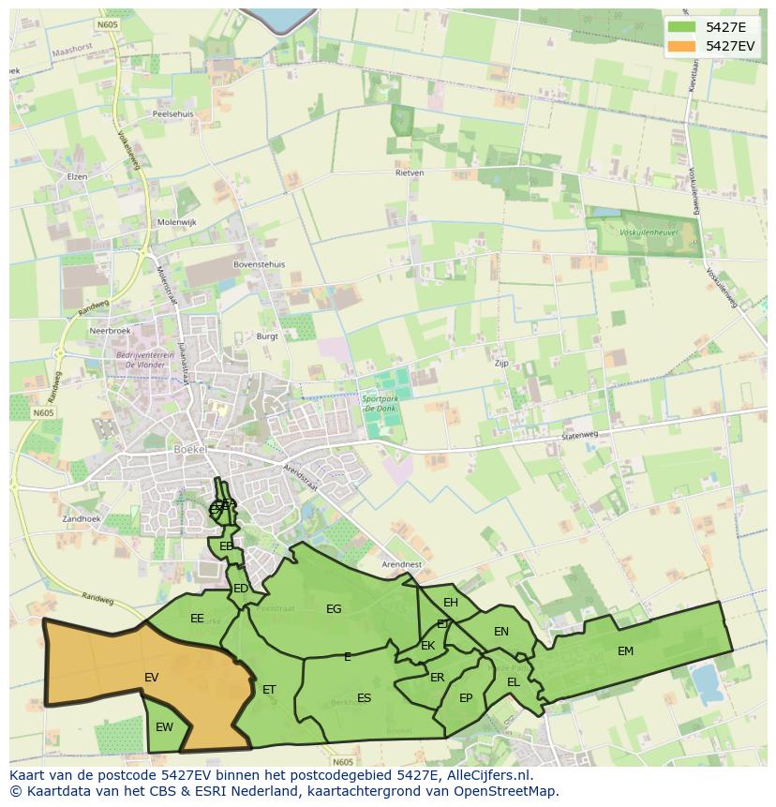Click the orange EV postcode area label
[x=151, y=677]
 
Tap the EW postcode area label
[x=164, y=727]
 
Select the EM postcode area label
[x=625, y=651]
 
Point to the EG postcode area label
[x=334, y=609]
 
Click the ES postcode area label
[x=364, y=698]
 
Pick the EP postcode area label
[x=466, y=698]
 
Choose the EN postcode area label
[x=501, y=632]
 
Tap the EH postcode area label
[x=451, y=603]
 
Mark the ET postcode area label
[x=269, y=690]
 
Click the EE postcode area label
[x=197, y=619]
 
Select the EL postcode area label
[x=514, y=682]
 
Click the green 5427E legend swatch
[x=681, y=26]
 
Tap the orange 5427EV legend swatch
[x=681, y=46]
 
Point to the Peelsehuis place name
[x=172, y=113]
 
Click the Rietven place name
[x=410, y=173]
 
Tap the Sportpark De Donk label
[x=380, y=404]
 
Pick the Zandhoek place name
[x=82, y=518]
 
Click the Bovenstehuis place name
[x=259, y=265]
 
